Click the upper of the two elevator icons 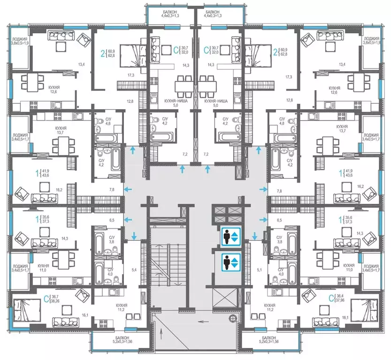click(x=230, y=236)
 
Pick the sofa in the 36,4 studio click(x=325, y=322)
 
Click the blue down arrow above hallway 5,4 click(x=135, y=236)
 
